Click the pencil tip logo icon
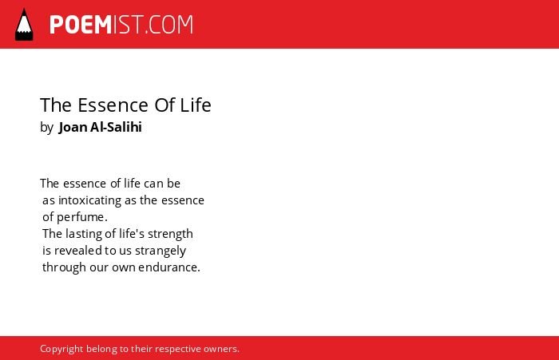point(24,25)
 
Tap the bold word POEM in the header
point(81,25)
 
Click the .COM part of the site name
point(169,25)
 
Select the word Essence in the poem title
point(113,105)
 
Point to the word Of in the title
point(165,105)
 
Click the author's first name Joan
point(73,127)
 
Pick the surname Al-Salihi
point(117,127)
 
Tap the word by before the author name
point(46,128)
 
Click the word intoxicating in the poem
point(89,200)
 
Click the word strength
point(170,234)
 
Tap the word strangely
point(161,251)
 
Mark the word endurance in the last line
point(169,267)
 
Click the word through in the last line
point(64,267)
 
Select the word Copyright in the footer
point(61,349)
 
